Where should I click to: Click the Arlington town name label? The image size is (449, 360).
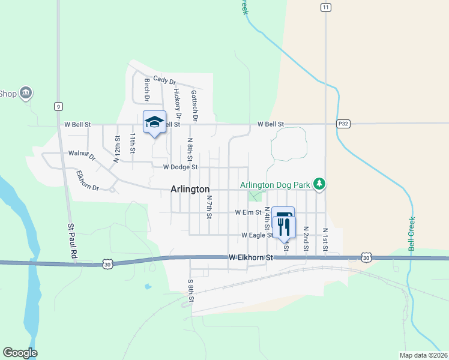tap(190, 188)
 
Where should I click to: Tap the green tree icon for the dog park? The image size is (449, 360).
tap(321, 183)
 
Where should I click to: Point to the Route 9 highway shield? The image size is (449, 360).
tap(58, 106)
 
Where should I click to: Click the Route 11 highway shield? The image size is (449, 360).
tap(325, 7)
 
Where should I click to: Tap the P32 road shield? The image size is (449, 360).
tap(343, 124)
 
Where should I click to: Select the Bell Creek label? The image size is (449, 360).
tap(412, 233)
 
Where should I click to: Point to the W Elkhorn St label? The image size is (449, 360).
tap(251, 257)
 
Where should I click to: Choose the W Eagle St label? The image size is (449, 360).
tap(257, 235)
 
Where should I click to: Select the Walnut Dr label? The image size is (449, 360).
tap(82, 155)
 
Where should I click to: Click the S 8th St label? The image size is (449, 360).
tap(191, 290)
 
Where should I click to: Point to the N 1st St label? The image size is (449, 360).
tap(325, 239)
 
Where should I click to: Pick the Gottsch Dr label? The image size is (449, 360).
tap(194, 103)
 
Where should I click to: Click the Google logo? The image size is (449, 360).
tap(20, 353)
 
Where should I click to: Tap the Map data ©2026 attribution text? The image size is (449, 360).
tap(424, 355)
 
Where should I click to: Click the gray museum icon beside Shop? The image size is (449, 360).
tap(26, 93)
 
